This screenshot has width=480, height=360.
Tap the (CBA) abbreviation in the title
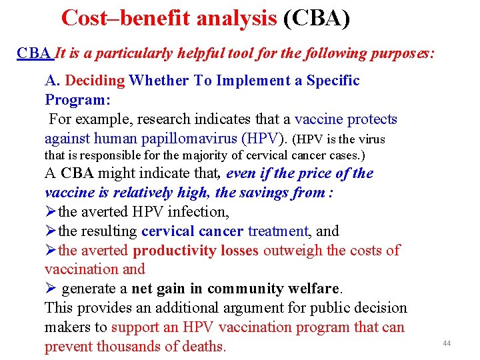[x=316, y=18]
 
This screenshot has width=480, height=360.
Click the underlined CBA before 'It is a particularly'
[x=34, y=53]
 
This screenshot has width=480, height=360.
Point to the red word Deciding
[x=95, y=81]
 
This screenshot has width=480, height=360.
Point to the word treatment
[x=278, y=231]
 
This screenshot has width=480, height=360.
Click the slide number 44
[x=447, y=343]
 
